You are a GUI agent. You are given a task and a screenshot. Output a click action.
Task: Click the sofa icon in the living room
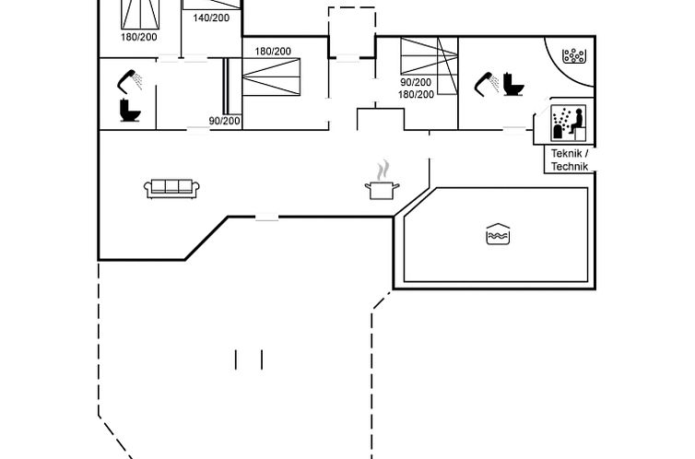(171, 188)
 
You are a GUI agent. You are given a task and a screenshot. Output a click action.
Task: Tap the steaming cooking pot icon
(382, 182)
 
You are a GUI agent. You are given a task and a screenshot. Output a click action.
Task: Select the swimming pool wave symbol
(498, 234)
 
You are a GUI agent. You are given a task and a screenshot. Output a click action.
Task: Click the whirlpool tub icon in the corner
(574, 54)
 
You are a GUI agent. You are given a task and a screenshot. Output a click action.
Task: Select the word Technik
(569, 167)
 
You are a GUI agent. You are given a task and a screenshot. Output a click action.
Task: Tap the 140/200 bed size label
(212, 18)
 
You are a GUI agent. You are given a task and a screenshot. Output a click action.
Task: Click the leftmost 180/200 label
(139, 37)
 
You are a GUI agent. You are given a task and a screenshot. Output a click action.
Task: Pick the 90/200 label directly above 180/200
(416, 82)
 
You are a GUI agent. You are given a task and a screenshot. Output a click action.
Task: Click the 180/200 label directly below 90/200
(416, 94)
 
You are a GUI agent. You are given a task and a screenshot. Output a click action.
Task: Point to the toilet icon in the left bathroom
(129, 110)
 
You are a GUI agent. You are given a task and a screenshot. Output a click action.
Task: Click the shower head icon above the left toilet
(130, 79)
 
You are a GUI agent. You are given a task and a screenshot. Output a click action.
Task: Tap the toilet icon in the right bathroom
(513, 84)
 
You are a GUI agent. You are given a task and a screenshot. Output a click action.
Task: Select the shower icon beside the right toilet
(485, 84)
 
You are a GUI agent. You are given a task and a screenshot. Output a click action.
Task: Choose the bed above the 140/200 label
(212, 4)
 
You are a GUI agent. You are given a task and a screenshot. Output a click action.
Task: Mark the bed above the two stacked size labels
(429, 56)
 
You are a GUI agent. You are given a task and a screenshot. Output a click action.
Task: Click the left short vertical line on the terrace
(236, 359)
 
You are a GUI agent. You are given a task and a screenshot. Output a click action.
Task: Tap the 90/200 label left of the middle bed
(224, 121)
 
